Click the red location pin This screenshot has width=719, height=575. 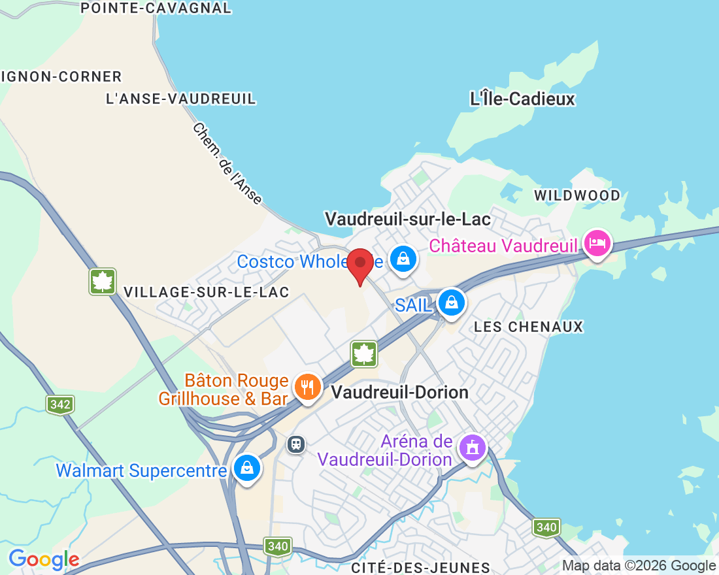359,265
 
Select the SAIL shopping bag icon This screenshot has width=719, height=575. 451,303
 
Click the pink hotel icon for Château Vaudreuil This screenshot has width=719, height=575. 597,244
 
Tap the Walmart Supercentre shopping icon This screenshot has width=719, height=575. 247,468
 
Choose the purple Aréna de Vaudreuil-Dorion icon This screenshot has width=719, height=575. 472,448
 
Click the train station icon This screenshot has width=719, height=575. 296,444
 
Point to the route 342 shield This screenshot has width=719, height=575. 60,405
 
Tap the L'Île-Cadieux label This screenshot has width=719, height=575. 522,99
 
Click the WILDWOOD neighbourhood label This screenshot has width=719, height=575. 577,195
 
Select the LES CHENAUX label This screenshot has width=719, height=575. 528,327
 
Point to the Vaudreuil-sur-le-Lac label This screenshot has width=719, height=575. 407,218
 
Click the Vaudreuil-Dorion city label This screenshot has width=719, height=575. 399,392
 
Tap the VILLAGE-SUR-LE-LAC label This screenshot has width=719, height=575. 206,292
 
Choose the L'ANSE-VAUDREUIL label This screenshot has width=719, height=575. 181,99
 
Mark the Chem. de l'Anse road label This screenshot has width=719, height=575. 227,164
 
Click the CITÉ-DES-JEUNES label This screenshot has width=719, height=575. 420,567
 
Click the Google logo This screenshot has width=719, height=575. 44,559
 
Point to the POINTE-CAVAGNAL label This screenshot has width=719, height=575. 156,8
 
